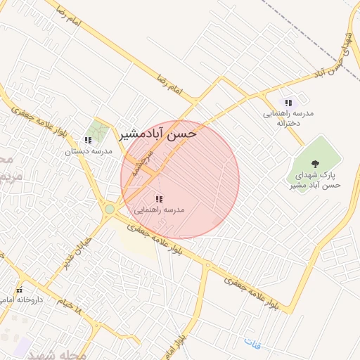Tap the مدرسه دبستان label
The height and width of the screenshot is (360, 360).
[x=89, y=151]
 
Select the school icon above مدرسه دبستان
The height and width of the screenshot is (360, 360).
[x=88, y=140]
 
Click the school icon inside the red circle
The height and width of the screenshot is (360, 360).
[x=158, y=199]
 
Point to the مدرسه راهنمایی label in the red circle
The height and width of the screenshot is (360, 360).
[x=159, y=210]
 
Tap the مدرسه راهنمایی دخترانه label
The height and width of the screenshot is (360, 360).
[x=288, y=117]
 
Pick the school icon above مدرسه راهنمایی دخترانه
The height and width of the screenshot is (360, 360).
[x=288, y=103]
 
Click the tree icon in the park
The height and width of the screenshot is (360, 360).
[x=314, y=163]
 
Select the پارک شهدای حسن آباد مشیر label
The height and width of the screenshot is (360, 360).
[x=314, y=180]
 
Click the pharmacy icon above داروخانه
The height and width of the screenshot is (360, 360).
[x=20, y=290]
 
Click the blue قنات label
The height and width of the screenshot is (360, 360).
[x=251, y=342]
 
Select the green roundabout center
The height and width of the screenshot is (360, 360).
[x=109, y=209]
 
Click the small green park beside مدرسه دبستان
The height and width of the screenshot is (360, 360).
[x=98, y=131]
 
